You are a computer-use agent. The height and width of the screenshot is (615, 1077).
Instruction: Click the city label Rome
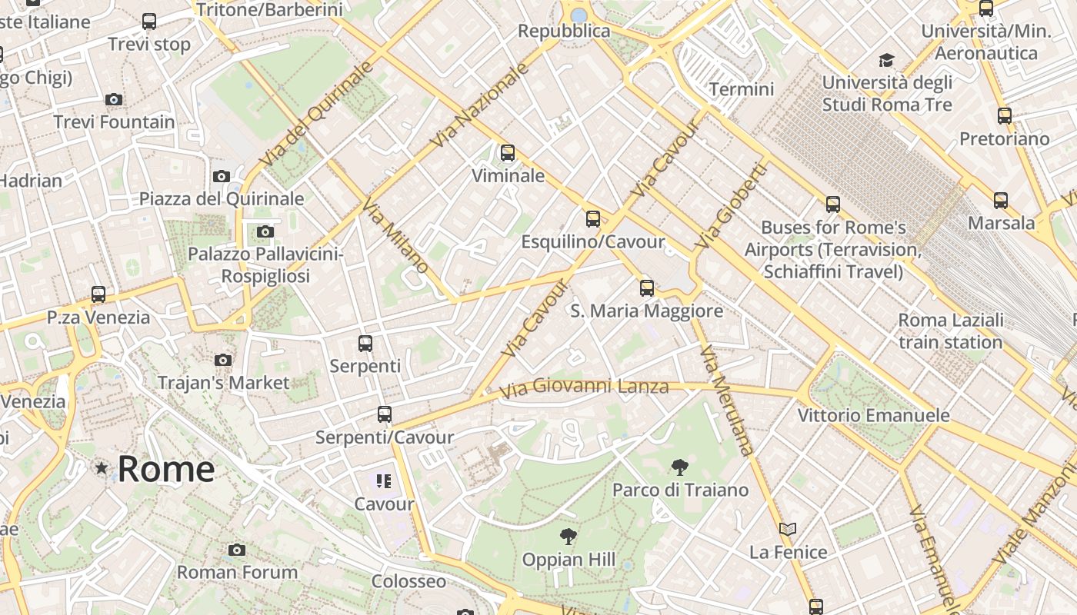click(165, 468)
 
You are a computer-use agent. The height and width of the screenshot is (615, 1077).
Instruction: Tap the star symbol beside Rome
click(101, 467)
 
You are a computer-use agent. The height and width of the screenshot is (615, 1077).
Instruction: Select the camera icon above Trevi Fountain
click(114, 99)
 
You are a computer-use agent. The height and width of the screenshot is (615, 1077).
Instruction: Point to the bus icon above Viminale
click(508, 152)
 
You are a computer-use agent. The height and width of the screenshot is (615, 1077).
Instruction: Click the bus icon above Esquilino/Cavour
click(592, 218)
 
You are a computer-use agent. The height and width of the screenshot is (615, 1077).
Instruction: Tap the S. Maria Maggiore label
click(646, 311)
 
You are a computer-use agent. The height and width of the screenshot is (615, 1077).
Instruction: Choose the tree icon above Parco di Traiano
click(679, 467)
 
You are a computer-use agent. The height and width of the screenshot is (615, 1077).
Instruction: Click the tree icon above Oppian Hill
click(569, 536)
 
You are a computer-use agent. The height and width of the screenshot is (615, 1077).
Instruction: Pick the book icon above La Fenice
click(787, 529)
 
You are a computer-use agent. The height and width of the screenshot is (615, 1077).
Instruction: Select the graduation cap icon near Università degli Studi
click(886, 60)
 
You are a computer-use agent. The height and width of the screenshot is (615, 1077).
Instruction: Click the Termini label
click(742, 89)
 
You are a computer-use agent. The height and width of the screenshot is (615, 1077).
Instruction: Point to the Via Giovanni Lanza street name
click(584, 387)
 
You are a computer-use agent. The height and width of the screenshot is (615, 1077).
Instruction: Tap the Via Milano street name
click(395, 236)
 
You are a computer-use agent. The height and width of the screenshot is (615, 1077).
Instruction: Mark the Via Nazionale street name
click(481, 105)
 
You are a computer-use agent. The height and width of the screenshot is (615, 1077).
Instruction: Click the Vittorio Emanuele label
click(873, 415)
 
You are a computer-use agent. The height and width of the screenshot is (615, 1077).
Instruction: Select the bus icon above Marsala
click(1000, 200)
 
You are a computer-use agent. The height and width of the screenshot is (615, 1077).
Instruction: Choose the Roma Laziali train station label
click(951, 331)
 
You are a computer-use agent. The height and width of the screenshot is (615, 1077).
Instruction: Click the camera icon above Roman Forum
click(237, 550)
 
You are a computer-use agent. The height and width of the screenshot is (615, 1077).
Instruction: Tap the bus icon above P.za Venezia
click(98, 294)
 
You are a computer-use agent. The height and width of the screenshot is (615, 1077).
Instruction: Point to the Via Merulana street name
click(725, 401)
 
